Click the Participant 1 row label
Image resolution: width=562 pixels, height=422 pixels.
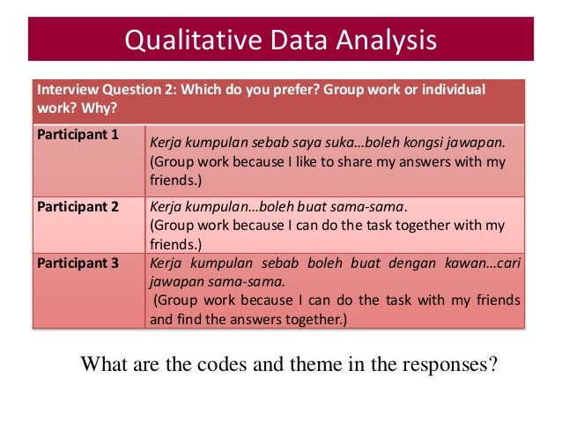78,135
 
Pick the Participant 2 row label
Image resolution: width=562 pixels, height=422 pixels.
78,207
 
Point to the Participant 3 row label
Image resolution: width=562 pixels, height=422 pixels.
78,262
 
